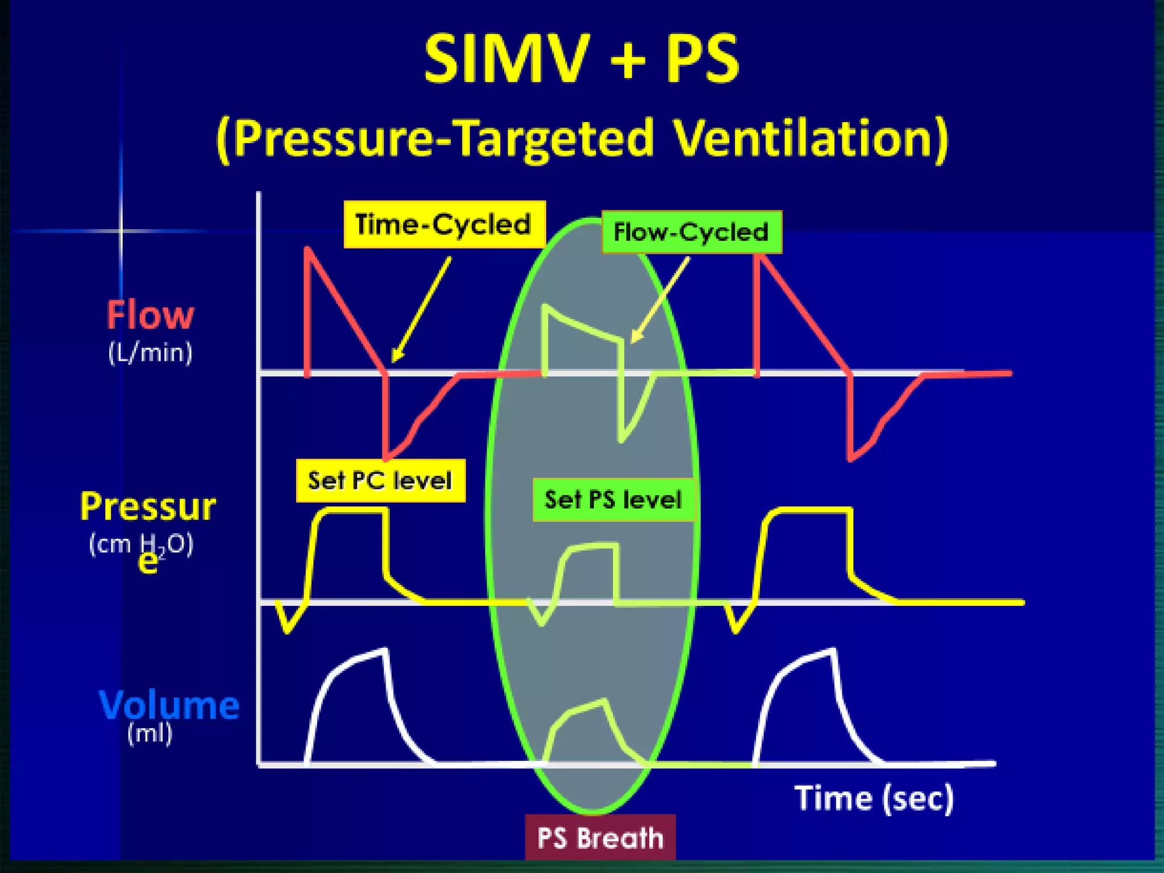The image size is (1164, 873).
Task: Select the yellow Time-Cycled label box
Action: (444, 225)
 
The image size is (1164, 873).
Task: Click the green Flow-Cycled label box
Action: (691, 232)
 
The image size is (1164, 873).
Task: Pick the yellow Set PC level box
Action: (380, 481)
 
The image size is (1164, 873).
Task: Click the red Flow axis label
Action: (151, 315)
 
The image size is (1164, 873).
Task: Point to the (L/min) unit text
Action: (151, 352)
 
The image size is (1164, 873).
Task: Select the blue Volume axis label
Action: (169, 705)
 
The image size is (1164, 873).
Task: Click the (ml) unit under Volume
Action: (149, 733)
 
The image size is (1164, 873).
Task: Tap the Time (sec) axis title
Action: (874, 798)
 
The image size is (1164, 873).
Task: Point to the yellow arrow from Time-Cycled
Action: (421, 310)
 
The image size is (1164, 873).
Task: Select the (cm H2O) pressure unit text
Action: (142, 544)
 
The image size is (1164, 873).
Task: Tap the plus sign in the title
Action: (628, 60)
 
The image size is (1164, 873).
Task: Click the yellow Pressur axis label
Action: (148, 507)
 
